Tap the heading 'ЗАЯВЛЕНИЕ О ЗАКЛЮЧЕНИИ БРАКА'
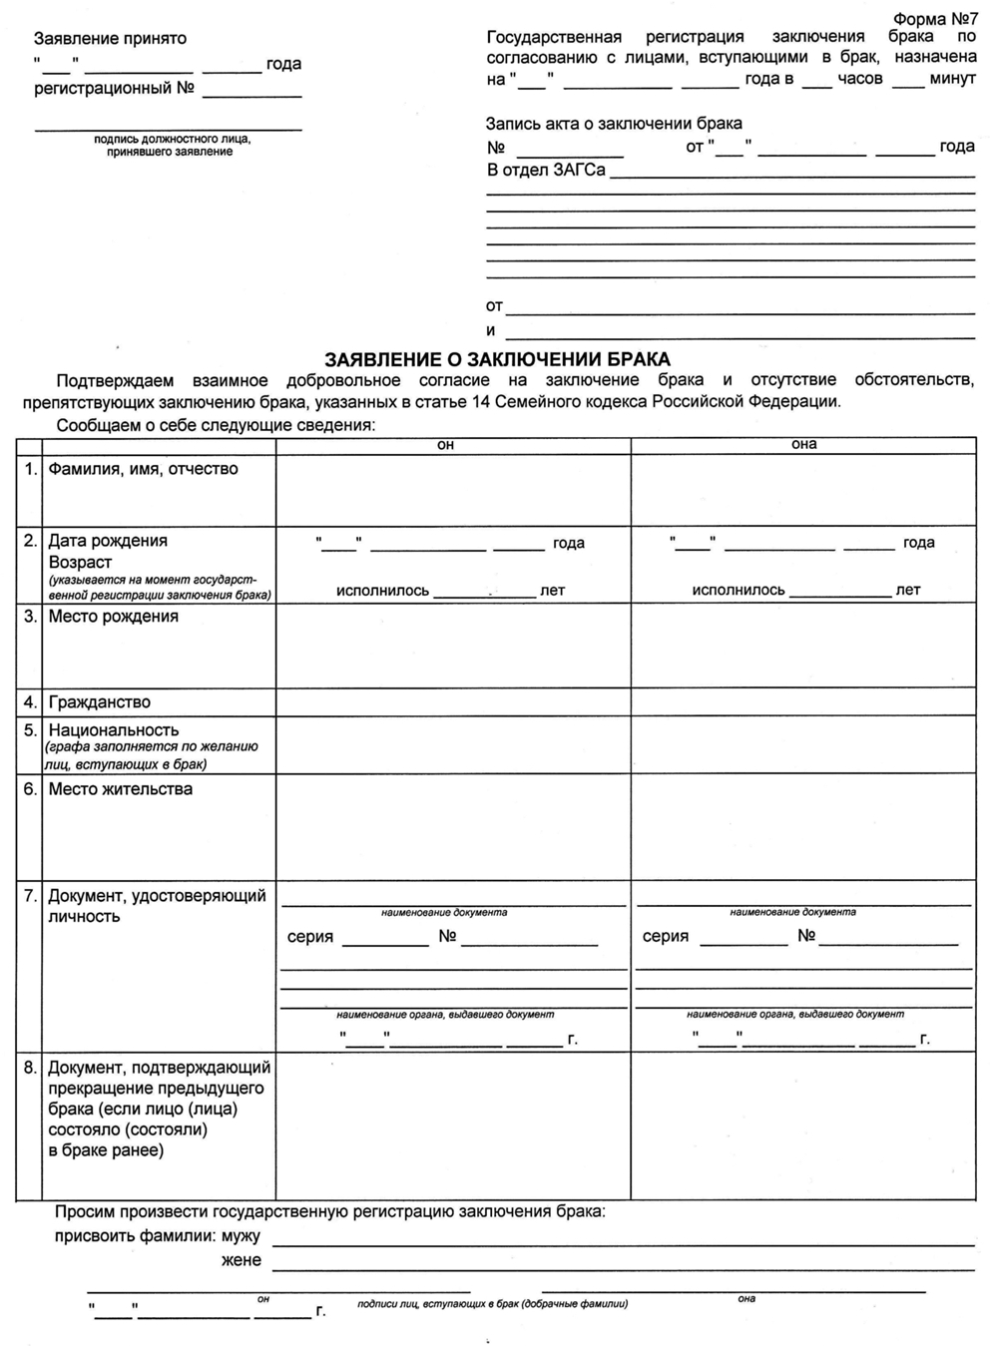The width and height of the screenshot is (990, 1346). [498, 359]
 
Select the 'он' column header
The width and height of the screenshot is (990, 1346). [445, 445]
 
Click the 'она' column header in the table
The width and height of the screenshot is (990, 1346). [803, 444]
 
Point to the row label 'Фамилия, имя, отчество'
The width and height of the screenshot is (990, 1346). [143, 469]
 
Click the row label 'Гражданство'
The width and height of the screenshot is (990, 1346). [99, 702]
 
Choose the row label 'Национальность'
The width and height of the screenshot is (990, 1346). [114, 730]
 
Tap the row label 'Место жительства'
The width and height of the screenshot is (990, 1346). [120, 789]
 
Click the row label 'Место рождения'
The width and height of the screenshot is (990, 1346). [113, 617]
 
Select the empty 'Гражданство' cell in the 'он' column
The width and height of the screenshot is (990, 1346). [453, 702]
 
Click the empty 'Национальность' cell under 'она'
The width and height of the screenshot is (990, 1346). [803, 745]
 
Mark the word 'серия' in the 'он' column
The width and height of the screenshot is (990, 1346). [310, 937]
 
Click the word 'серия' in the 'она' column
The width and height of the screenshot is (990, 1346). [666, 936]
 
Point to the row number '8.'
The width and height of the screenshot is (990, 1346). [31, 1068]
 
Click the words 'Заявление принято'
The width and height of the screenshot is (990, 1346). [110, 39]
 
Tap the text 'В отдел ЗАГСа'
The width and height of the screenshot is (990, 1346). [546, 170]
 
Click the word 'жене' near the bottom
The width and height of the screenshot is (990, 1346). [241, 1260]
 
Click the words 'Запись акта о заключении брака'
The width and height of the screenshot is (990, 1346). [614, 124]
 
